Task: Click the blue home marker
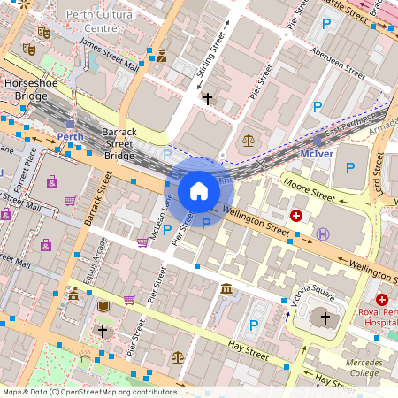point(199,190)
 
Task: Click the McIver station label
point(316,153)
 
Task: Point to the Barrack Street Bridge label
point(119,142)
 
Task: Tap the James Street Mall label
point(109,53)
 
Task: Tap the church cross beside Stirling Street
point(208,98)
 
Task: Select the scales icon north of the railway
point(248,140)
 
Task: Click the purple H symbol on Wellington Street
point(323,233)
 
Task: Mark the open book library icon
point(103,305)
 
